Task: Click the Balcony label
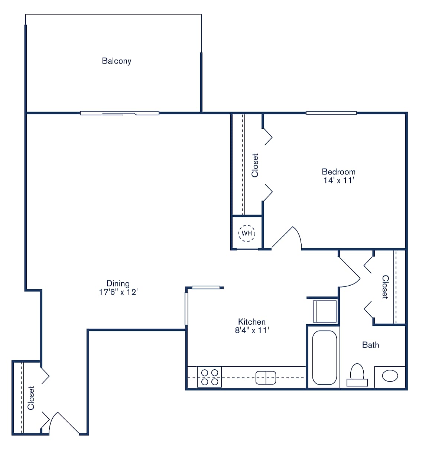[117, 61]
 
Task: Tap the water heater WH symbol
[247, 233]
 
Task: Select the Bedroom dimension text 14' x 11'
[338, 181]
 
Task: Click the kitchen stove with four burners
[209, 377]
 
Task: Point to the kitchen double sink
[266, 377]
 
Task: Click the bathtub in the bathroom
[324, 357]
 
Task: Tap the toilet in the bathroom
[357, 375]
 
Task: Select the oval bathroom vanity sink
[390, 376]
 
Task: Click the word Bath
[370, 345]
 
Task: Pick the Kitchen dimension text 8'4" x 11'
[251, 330]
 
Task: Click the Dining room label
[118, 283]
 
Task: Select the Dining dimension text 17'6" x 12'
[118, 292]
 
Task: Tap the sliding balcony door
[120, 113]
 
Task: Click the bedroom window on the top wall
[331, 113]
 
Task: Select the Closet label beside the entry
[31, 398]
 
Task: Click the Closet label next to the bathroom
[385, 287]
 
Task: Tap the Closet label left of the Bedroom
[255, 165]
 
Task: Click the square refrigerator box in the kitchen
[325, 311]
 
